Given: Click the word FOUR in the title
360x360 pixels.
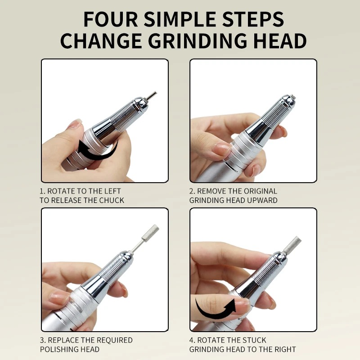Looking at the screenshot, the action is [x=110, y=19].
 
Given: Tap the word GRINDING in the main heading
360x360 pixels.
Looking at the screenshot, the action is [x=198, y=41].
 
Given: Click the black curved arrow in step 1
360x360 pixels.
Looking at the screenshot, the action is [x=98, y=150].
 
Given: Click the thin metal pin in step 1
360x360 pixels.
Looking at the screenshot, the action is [x=152, y=95].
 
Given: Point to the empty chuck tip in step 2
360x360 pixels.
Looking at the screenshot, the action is [x=291, y=97].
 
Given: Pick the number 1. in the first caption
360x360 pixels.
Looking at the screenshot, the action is [x=42, y=191].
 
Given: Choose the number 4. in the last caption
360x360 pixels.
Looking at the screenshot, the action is [x=192, y=340].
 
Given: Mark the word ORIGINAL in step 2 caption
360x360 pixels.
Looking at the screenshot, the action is [x=261, y=191].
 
